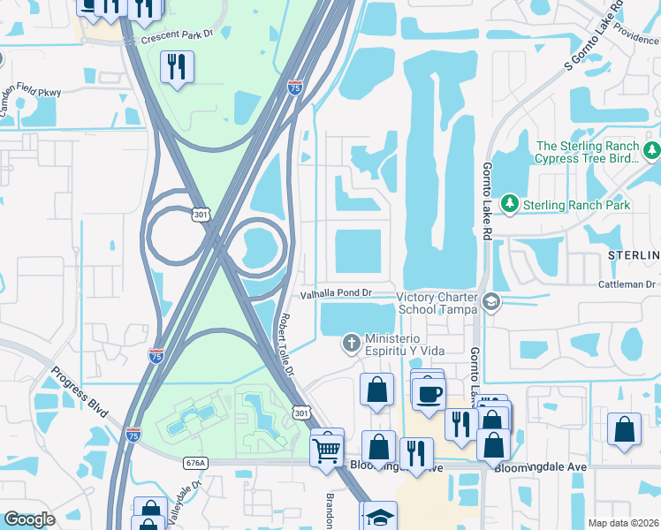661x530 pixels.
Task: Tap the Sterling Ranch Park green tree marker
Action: point(509,205)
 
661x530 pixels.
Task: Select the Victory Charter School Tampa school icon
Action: point(491,304)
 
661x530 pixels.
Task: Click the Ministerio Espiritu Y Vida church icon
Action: point(351,342)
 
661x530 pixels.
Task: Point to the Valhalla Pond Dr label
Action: point(338,292)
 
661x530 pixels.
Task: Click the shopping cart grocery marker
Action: point(327,450)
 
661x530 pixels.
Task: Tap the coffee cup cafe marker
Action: point(429,395)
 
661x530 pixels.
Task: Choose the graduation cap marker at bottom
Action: point(380,517)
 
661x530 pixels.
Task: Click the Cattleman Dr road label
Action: point(626,284)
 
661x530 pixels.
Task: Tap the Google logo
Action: point(29,519)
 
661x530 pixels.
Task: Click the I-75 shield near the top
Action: point(295,87)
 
